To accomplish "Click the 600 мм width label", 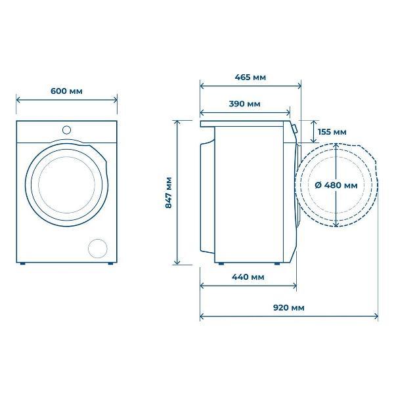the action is (x=66, y=91).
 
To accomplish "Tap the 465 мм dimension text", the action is (x=250, y=77).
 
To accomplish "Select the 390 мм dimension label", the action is (x=244, y=104).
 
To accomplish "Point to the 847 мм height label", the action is (x=169, y=192).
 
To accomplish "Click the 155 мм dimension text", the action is (x=332, y=132).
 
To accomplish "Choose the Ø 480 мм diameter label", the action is (x=336, y=185).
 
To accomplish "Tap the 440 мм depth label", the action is (x=248, y=277).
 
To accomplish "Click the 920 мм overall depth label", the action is (x=289, y=307).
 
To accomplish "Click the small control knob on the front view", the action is (x=66, y=130).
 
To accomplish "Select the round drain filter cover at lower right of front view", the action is (x=98, y=248).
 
